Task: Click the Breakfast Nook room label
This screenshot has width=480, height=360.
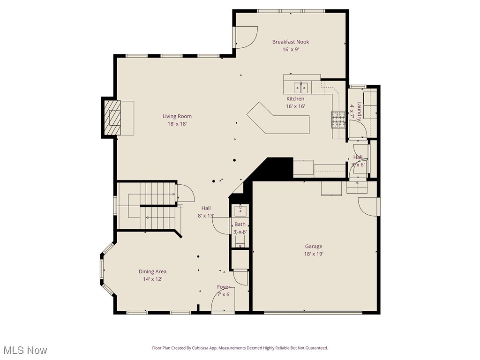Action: click(291, 42)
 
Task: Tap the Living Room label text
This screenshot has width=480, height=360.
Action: click(177, 116)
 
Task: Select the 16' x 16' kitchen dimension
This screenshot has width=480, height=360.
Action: click(295, 106)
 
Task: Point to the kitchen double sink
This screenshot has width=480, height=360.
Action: click(301, 87)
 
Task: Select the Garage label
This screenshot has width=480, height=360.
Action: click(314, 246)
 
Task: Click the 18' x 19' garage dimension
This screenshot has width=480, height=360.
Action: click(314, 254)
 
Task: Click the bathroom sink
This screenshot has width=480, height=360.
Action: click(240, 209)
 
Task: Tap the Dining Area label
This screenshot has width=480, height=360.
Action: click(152, 271)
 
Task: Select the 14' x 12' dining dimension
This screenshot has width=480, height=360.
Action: click(152, 279)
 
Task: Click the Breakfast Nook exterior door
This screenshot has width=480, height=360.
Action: click(246, 37)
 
